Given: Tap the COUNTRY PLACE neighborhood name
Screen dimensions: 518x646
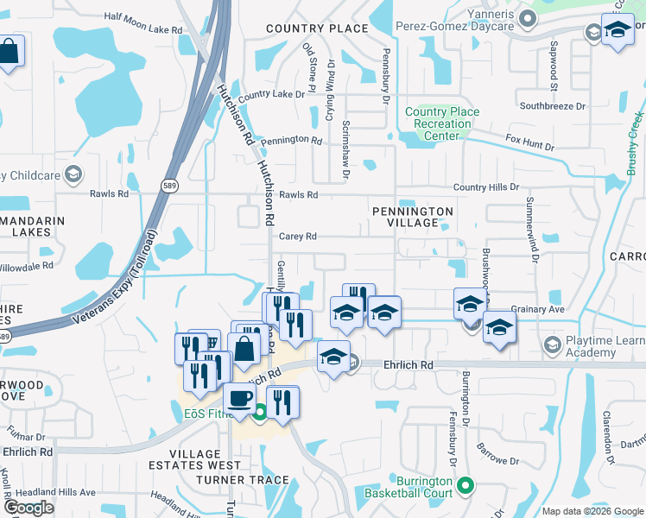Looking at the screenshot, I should (x=317, y=28).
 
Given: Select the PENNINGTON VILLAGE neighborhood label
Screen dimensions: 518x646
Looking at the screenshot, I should (x=412, y=217).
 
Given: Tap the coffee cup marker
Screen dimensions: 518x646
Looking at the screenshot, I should (x=239, y=399).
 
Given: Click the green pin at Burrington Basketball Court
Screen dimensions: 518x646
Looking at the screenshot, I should (x=467, y=486).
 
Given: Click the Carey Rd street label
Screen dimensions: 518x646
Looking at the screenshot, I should (x=298, y=237).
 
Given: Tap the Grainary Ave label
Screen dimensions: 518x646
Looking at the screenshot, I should (x=537, y=309).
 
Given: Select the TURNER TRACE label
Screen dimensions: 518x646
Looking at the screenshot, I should (x=243, y=480).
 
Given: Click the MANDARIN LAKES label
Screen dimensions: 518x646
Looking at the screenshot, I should (x=32, y=227).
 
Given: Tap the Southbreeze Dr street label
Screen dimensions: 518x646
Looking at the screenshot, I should (x=553, y=106).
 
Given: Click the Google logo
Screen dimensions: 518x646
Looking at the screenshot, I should (x=28, y=507).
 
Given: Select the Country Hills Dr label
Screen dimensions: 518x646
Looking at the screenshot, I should (x=485, y=186).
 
